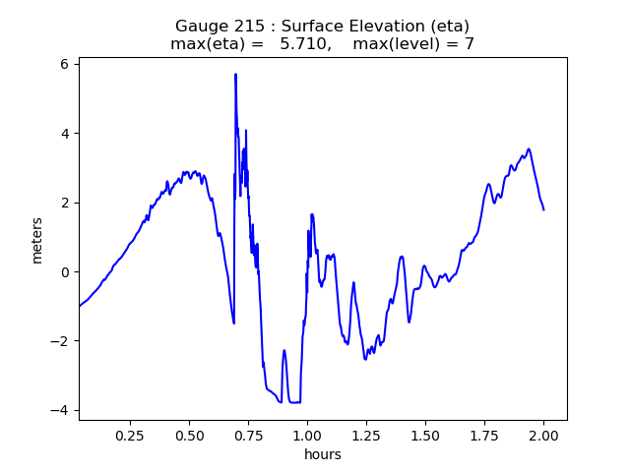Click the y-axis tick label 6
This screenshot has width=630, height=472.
66,64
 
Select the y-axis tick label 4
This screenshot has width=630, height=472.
66,134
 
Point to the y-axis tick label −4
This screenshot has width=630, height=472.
62,411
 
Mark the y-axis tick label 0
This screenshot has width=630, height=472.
66,272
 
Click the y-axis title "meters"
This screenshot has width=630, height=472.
37,239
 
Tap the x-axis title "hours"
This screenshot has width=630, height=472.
323,454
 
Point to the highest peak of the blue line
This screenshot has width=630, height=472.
235,74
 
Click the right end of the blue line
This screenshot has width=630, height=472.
543,209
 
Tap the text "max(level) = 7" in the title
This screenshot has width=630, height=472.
413,44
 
